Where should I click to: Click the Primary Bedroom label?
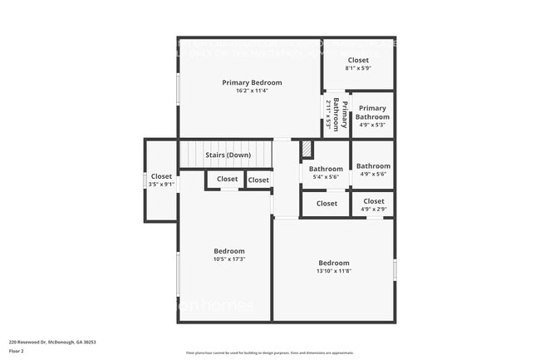click(x=252, y=82)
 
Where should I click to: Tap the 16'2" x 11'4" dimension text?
click(x=252, y=91)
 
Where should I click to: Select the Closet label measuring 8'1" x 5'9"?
click(x=358, y=60)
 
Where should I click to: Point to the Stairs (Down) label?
click(x=228, y=155)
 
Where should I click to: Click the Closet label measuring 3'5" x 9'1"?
click(x=161, y=176)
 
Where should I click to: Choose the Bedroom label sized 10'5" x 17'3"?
click(x=229, y=251)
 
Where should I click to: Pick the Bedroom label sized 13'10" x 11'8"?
click(x=334, y=263)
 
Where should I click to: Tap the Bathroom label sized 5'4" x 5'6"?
click(x=326, y=169)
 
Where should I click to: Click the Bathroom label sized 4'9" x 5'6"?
click(x=373, y=166)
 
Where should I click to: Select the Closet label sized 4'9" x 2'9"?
click(x=374, y=201)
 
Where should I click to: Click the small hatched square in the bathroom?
click(x=307, y=148)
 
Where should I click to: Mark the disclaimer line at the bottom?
click(x=269, y=353)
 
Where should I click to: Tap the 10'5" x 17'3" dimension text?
click(x=229, y=259)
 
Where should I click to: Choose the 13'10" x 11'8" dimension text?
click(x=334, y=271)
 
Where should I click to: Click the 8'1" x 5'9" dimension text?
click(x=358, y=68)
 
